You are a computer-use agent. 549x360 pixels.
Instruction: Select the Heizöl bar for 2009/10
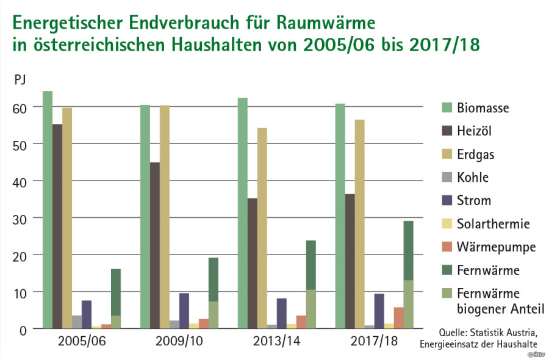(155, 245)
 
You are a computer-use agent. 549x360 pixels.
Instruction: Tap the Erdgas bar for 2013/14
(262, 228)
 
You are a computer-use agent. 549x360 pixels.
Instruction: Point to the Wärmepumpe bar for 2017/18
(398, 318)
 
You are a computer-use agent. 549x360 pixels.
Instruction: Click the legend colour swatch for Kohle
(447, 178)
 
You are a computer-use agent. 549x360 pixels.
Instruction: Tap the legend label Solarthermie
(493, 224)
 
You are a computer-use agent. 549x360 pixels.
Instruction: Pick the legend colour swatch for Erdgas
(447, 154)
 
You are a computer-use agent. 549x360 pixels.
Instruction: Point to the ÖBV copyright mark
(537, 354)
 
